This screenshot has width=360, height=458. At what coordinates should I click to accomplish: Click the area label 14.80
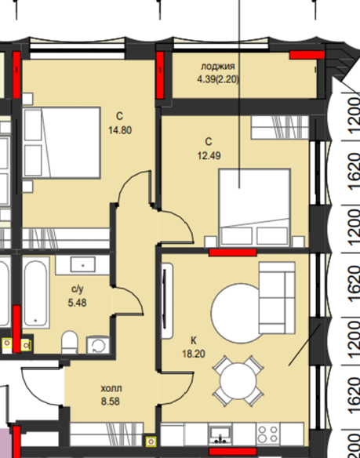click(120, 130)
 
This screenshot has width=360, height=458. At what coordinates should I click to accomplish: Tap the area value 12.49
click(209, 156)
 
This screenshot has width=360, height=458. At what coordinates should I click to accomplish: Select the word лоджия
click(218, 67)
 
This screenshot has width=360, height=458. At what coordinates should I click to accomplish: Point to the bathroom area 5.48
click(77, 303)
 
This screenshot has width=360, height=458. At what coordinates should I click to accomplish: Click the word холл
click(111, 389)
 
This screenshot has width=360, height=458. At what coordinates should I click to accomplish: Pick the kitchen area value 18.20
click(194, 354)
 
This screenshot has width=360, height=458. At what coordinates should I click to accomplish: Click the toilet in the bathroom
click(70, 342)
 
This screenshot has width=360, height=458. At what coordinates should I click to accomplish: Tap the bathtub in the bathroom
click(35, 292)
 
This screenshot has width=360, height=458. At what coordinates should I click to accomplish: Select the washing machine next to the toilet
click(98, 345)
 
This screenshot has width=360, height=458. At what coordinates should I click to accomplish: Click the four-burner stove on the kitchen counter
click(268, 434)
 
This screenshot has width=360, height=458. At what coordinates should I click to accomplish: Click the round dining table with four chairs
click(238, 381)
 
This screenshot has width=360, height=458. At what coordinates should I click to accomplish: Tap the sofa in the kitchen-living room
click(277, 298)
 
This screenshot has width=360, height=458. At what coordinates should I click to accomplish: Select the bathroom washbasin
click(83, 265)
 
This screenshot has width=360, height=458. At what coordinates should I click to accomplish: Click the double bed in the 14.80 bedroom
click(61, 143)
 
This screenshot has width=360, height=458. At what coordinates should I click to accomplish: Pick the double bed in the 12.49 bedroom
click(255, 208)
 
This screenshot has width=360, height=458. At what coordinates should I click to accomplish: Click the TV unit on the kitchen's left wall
click(167, 301)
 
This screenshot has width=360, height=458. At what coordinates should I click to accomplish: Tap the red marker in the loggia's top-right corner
click(307, 55)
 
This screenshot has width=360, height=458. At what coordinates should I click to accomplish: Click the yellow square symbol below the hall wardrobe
click(151, 442)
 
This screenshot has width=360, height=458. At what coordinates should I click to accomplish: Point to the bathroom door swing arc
click(133, 295)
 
